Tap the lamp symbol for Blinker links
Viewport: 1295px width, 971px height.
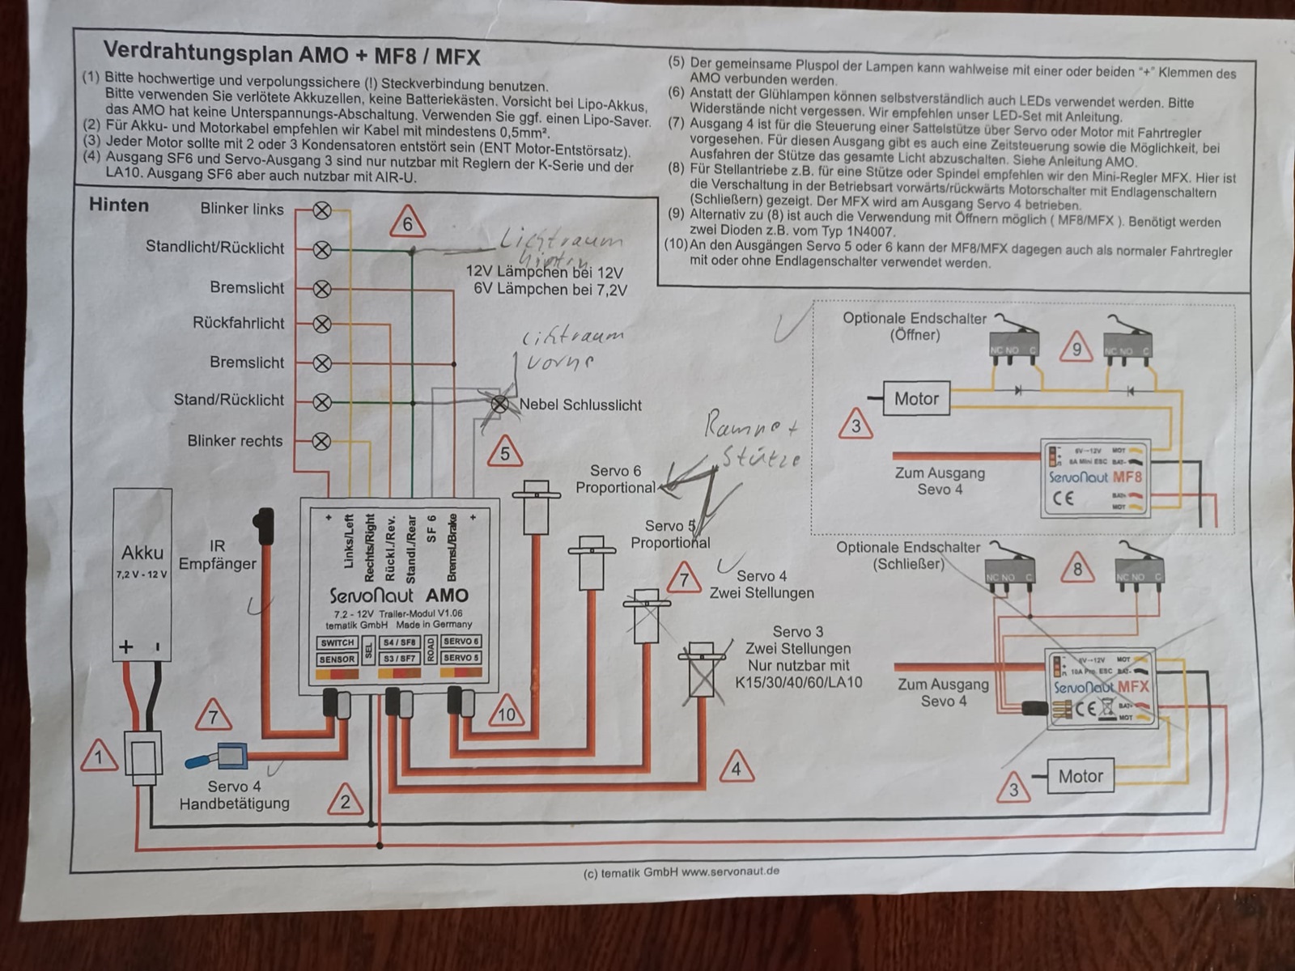(x=322, y=210)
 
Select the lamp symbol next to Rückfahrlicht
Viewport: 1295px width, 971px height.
(x=322, y=324)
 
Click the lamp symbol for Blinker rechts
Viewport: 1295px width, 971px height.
(x=322, y=441)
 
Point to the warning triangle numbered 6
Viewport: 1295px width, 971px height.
(x=407, y=223)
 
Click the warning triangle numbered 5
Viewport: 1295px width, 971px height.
(x=504, y=452)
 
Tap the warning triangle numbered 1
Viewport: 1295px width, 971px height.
(x=99, y=757)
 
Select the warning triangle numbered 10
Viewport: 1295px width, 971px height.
(x=507, y=713)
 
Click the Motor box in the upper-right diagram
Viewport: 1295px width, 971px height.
(x=915, y=399)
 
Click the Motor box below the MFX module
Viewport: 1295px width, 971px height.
(x=1080, y=777)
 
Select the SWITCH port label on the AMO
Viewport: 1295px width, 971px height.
(x=338, y=643)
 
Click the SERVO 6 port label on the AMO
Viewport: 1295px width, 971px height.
(x=461, y=642)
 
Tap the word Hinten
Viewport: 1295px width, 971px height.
(x=119, y=205)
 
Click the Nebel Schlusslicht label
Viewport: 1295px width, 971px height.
(x=580, y=405)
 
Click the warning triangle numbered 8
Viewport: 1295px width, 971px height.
(x=1076, y=569)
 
